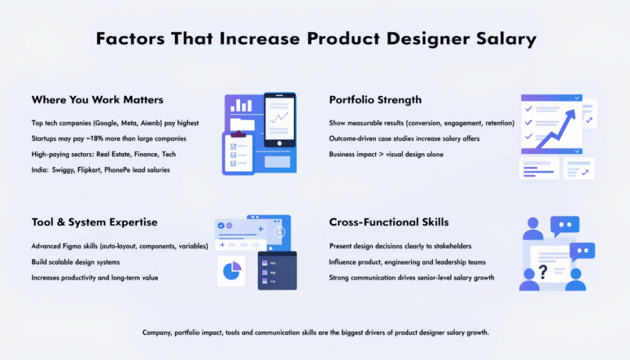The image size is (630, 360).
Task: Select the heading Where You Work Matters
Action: [x=97, y=100]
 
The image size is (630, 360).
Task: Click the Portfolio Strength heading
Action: [x=375, y=100]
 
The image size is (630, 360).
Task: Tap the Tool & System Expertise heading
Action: [x=94, y=222]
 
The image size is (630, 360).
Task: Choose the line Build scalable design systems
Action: [x=76, y=262]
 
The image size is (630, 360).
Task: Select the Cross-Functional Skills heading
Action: [x=389, y=222]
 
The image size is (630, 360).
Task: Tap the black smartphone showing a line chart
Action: [x=279, y=120]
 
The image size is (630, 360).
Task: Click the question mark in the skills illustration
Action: [x=543, y=270]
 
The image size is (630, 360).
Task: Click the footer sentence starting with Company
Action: [x=315, y=332]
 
